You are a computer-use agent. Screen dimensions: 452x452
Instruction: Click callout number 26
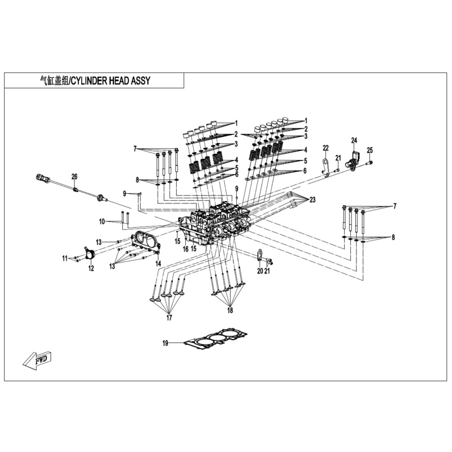(74, 176)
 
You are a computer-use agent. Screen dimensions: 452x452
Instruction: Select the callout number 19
(166, 343)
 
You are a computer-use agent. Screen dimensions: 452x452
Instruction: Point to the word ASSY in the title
(141, 81)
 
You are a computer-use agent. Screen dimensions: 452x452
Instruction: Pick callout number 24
(354, 140)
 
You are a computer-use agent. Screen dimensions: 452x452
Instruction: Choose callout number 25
(370, 150)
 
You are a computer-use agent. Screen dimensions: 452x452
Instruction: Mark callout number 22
(325, 148)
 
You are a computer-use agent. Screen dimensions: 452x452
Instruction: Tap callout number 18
(230, 310)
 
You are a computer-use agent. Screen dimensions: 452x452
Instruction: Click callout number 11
(65, 258)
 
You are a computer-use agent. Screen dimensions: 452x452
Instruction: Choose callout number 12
(90, 269)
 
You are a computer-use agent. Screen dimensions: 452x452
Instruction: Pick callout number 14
(158, 264)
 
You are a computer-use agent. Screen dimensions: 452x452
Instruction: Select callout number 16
(185, 249)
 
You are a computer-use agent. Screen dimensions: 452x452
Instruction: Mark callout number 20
(260, 271)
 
